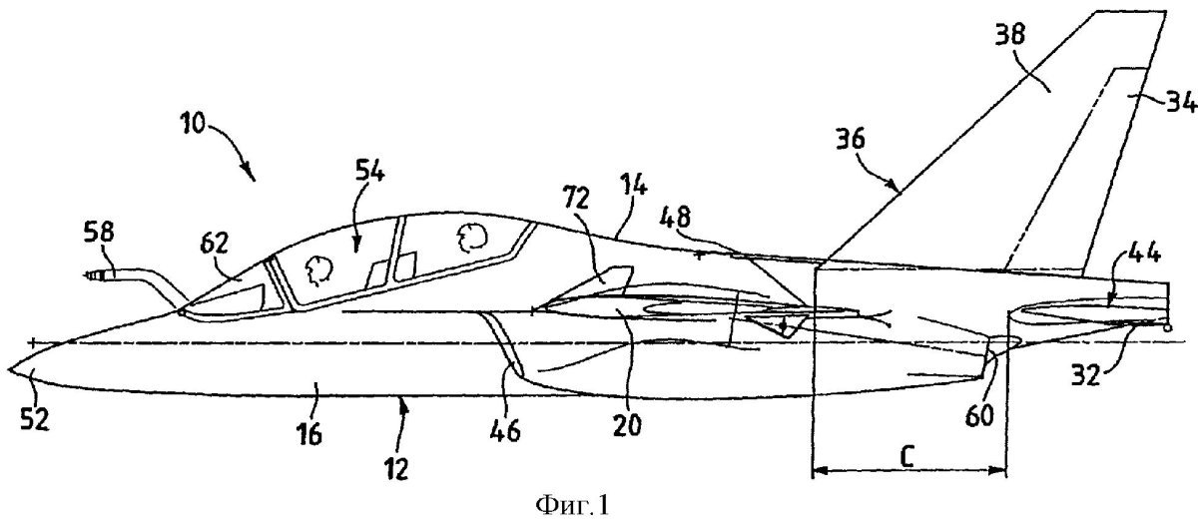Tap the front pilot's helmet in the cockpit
[316, 266]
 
